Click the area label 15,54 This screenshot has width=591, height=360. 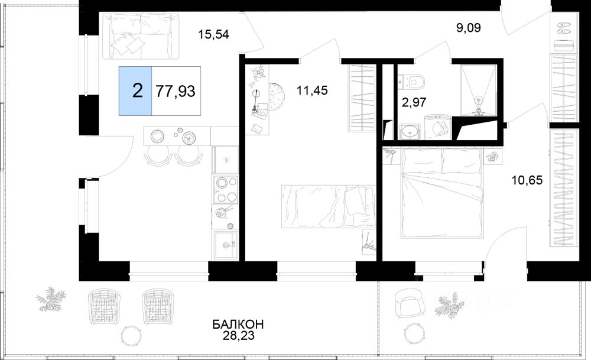214,35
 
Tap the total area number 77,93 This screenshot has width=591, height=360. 176,91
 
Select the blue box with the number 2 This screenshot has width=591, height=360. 136,91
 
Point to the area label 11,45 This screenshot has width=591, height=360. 312,90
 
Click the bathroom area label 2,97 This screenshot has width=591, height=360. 414,102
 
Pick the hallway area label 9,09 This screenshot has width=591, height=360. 469,28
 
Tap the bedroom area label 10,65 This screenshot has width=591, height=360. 527,180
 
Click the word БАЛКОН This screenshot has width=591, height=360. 238,324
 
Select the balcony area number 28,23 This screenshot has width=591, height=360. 238,336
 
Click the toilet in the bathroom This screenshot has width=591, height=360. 413,80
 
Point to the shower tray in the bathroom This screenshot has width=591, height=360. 478,90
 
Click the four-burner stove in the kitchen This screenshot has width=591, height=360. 225,190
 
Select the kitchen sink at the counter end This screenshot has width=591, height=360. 226,245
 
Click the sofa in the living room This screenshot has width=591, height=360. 141,37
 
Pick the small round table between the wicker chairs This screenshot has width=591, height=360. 132,334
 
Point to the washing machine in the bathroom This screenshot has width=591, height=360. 437,128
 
